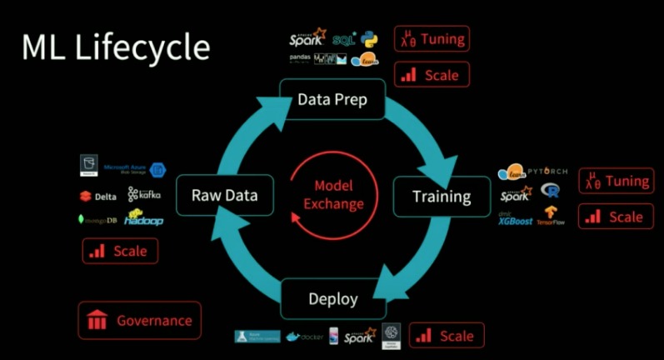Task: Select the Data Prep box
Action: tap(332, 100)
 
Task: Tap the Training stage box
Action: tap(442, 197)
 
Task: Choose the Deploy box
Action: tap(333, 298)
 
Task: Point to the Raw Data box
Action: tap(225, 196)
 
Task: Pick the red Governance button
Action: tap(140, 320)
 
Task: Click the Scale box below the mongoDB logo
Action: tap(120, 251)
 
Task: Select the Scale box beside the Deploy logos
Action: tap(446, 336)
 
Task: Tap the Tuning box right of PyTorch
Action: tap(617, 181)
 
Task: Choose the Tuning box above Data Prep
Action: tap(432, 39)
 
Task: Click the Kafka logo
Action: tap(144, 194)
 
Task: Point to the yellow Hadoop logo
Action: tap(143, 219)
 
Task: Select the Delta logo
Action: tap(98, 197)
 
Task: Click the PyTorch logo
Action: tap(547, 172)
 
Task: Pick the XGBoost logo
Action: tap(515, 220)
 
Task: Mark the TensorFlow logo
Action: tap(551, 217)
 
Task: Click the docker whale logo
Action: tap(303, 337)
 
